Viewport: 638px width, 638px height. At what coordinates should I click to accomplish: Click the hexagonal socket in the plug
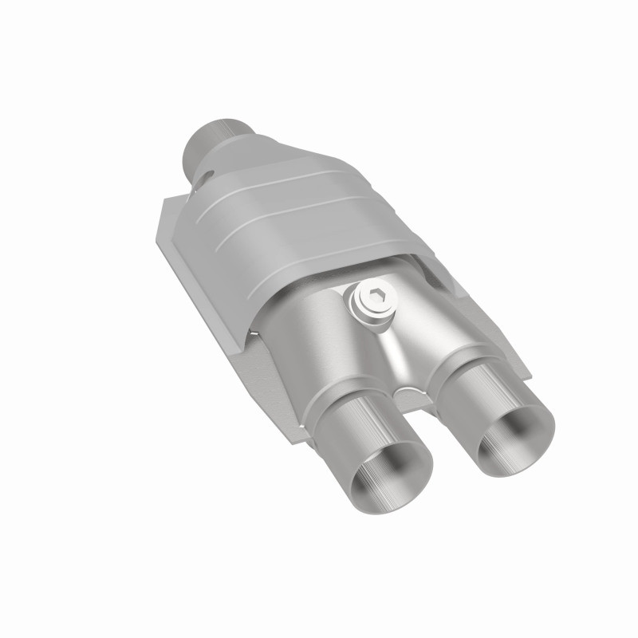[375, 300]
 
